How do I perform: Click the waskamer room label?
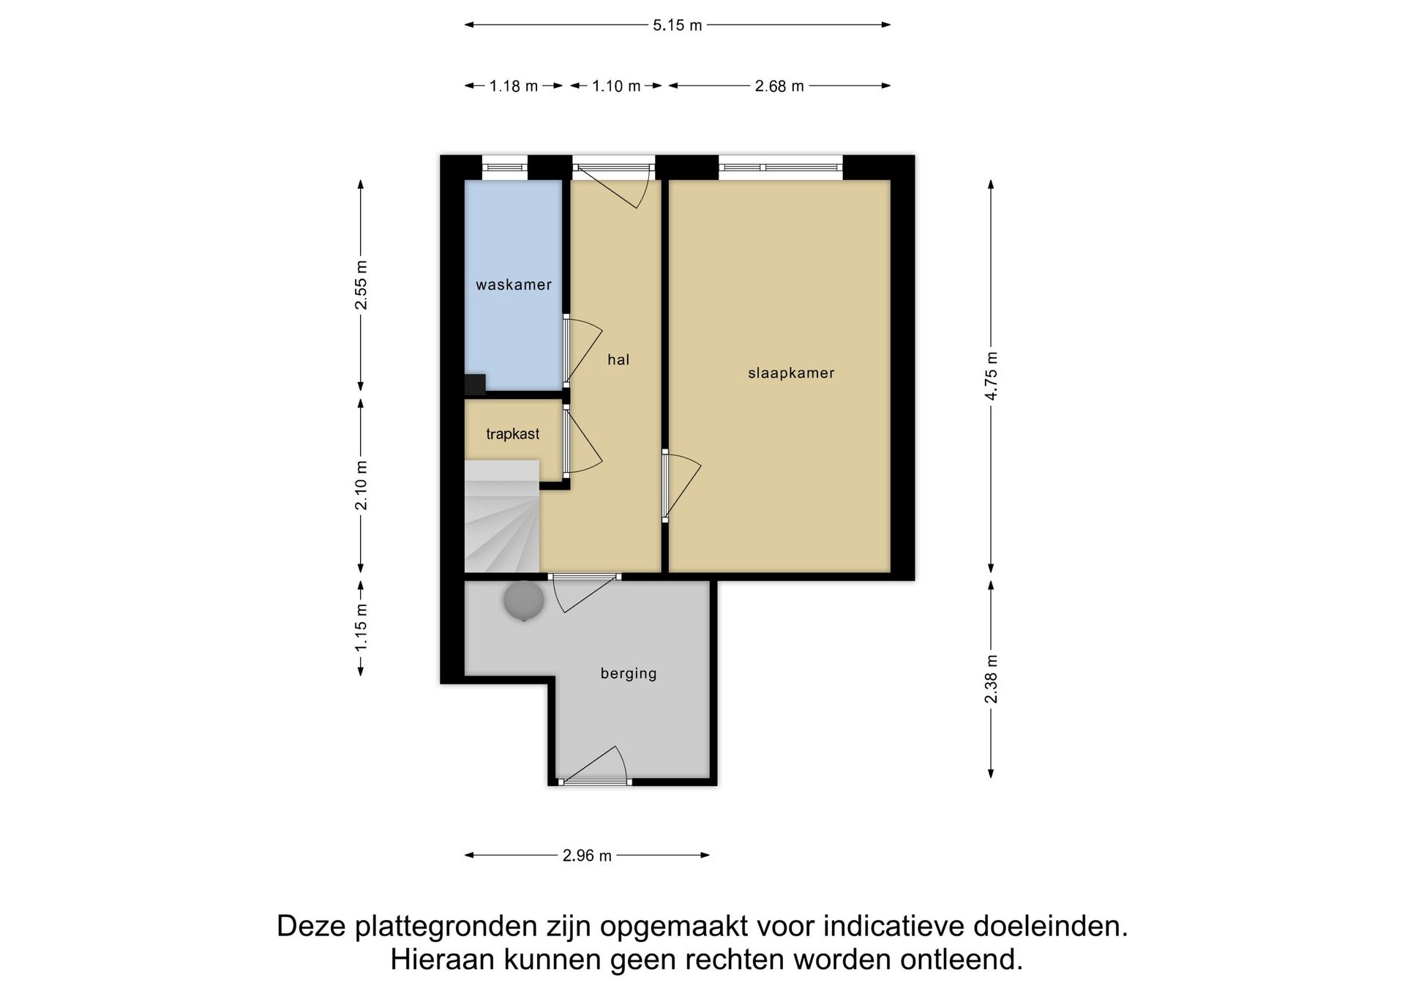(514, 285)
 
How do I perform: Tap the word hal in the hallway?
(618, 359)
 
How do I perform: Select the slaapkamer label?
(791, 373)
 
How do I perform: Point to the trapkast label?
(513, 434)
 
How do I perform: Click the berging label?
(629, 673)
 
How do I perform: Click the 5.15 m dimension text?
(677, 26)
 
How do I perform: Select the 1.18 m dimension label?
(514, 86)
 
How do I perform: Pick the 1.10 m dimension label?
(616, 86)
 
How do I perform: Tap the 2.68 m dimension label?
(779, 86)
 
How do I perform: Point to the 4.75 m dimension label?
(992, 375)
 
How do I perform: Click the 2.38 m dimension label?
(992, 679)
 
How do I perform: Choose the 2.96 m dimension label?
(587, 856)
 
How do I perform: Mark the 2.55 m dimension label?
(361, 285)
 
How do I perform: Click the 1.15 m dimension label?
(361, 627)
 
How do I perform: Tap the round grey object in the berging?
(524, 601)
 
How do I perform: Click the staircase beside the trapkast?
(502, 520)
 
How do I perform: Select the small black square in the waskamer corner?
(475, 384)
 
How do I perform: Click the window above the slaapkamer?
(780, 168)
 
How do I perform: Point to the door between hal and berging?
(585, 578)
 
